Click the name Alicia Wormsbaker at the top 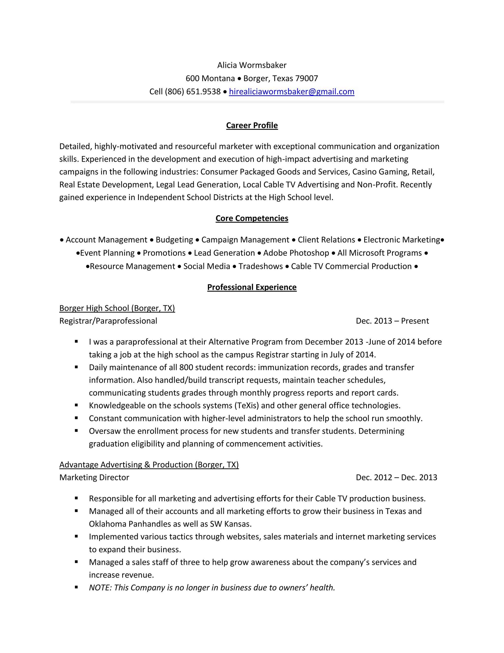pyautogui.click(x=252, y=65)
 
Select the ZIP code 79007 pyautogui.click(x=306, y=78)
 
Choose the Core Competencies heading pyautogui.click(x=252, y=218)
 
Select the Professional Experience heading pyautogui.click(x=252, y=287)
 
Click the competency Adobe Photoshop pyautogui.click(x=296, y=253)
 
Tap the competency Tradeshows pyautogui.click(x=260, y=266)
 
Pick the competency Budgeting pyautogui.click(x=174, y=240)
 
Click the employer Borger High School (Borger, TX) pyautogui.click(x=117, y=308)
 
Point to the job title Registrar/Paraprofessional pyautogui.click(x=108, y=321)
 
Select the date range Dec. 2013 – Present pyautogui.click(x=392, y=321)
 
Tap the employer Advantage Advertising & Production pyautogui.click(x=149, y=465)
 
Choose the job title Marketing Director pyautogui.click(x=94, y=478)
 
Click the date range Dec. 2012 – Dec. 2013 pyautogui.click(x=396, y=478)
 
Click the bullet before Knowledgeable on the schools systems pyautogui.click(x=77, y=405)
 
